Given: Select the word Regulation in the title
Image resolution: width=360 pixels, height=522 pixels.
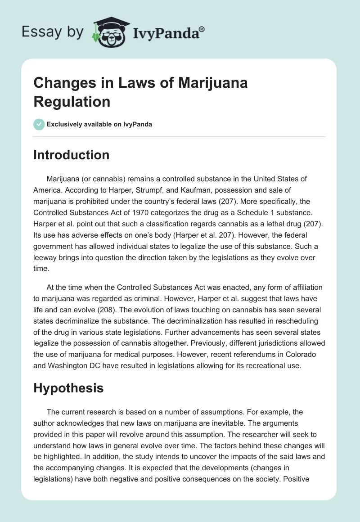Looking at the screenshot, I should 72,101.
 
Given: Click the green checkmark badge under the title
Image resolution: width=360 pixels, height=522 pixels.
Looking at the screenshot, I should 39,124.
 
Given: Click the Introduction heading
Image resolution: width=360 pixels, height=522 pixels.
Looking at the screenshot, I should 72,155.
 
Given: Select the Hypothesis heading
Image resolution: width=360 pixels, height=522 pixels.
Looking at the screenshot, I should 68,388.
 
